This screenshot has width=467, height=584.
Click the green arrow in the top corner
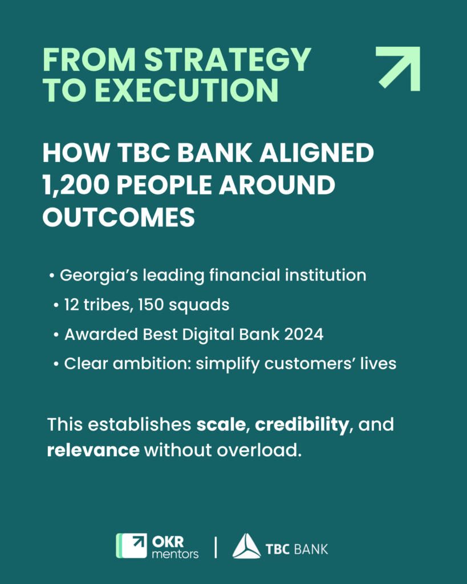[x=399, y=68]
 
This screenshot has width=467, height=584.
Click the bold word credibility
[x=302, y=425]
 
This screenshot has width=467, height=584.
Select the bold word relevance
[x=94, y=449]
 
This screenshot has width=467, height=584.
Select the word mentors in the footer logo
[x=175, y=553]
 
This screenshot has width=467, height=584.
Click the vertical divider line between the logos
[x=216, y=546]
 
